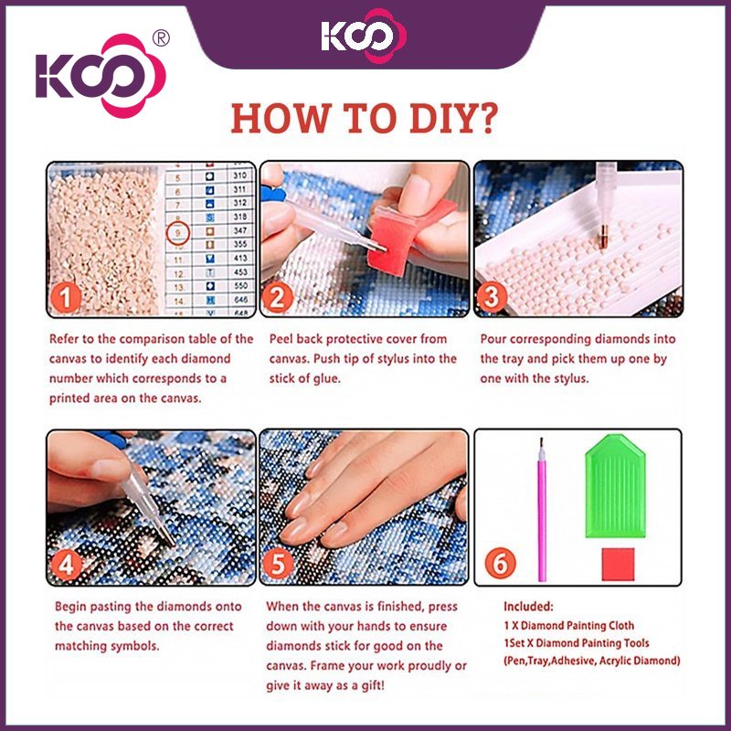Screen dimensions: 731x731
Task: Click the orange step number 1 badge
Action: click(x=66, y=299)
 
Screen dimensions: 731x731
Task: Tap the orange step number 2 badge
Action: click(x=278, y=299)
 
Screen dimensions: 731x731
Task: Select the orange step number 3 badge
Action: click(x=492, y=297)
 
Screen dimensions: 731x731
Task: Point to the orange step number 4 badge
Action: click(x=66, y=565)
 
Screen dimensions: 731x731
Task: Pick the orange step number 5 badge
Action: click(x=279, y=565)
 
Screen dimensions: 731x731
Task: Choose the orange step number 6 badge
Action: click(x=500, y=563)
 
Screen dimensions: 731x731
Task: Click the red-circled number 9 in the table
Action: click(x=178, y=233)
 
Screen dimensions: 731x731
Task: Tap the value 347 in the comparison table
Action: click(x=240, y=230)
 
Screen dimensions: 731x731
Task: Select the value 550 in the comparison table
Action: click(x=240, y=285)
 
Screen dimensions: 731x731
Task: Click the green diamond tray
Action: click(x=615, y=486)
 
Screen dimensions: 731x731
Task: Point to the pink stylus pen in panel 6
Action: click(x=542, y=510)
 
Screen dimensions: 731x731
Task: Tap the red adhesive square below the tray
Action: click(x=618, y=564)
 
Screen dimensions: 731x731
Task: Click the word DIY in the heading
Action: click(x=454, y=119)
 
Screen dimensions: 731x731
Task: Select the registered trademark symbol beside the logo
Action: click(x=161, y=38)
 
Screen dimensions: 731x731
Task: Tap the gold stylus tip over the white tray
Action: click(x=603, y=235)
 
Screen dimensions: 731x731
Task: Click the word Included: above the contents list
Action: click(x=528, y=607)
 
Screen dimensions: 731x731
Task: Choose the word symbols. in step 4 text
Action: click(x=134, y=646)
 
